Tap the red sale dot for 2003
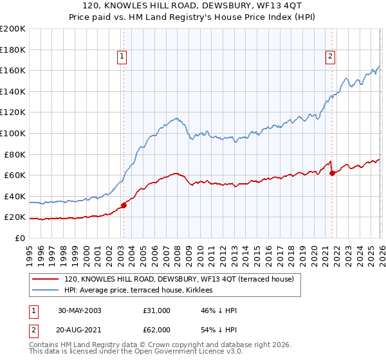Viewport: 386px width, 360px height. [x=124, y=206]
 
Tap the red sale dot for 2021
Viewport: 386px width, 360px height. [x=332, y=173]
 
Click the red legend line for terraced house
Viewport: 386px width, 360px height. [x=45, y=279]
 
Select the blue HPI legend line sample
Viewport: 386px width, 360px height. [x=45, y=291]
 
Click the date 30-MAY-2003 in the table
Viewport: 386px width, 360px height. [x=79, y=310]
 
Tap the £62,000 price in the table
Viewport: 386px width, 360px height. [x=157, y=329]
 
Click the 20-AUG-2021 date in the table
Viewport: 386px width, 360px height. [x=79, y=329]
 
